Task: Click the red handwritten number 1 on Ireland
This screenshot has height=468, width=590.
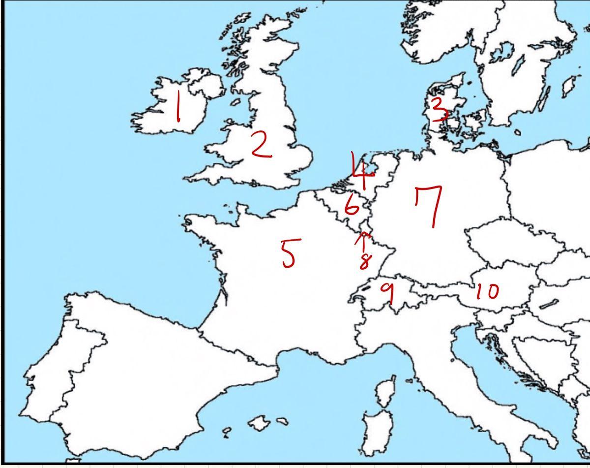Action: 178,108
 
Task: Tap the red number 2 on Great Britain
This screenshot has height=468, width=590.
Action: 261,145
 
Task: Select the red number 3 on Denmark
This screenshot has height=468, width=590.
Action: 439,109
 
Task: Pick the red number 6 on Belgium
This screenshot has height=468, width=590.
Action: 351,206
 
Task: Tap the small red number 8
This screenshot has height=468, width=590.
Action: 364,261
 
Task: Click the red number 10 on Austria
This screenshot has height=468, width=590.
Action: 487,292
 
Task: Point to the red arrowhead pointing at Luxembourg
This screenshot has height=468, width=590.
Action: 363,235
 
